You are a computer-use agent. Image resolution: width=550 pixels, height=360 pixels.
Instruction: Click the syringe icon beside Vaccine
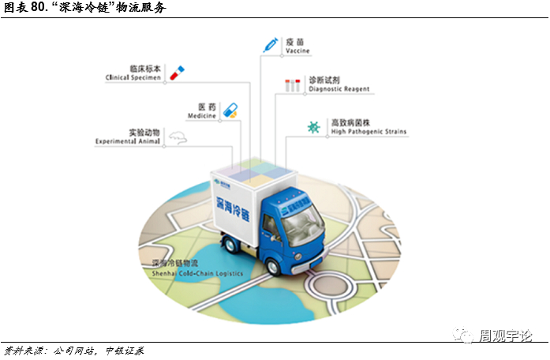click(271, 44)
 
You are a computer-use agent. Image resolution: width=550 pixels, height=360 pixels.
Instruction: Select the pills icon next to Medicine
click(230, 110)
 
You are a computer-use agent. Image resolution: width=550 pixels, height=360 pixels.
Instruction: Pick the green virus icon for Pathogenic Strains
click(314, 126)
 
